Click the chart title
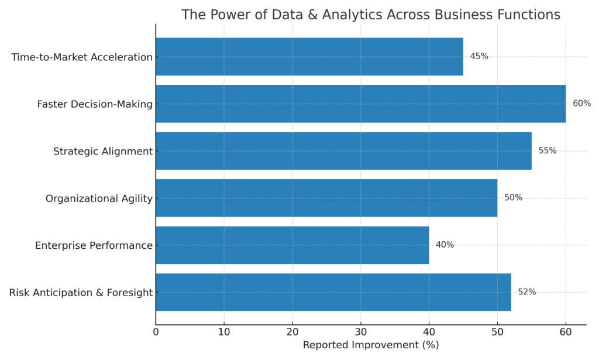370,15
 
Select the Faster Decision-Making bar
360,104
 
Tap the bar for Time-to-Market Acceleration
309,57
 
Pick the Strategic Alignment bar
343,151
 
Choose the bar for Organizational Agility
326,198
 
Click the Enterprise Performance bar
292,245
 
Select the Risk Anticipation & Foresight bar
333,292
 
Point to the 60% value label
581,104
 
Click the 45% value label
479,57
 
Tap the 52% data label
526,292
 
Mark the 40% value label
445,245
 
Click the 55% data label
548,151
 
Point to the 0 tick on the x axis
156,332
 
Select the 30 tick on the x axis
361,332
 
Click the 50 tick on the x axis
497,332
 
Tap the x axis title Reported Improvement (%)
370,345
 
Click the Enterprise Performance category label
94,246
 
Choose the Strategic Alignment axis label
103,152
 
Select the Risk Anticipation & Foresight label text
81,293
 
